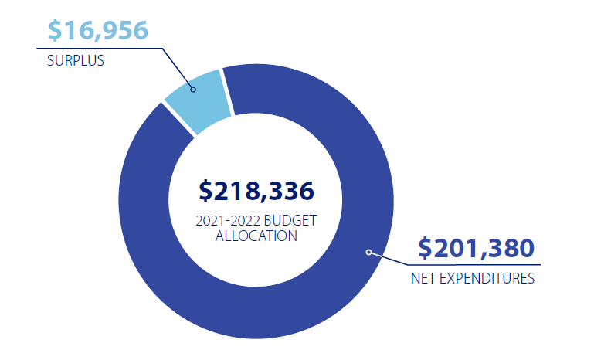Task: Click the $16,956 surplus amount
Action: point(97,31)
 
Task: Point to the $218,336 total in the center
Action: point(256,191)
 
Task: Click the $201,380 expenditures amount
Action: point(476,249)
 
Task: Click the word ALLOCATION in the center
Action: point(256,236)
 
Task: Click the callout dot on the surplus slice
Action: point(193,89)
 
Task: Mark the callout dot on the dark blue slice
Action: point(368,252)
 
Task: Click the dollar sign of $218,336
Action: point(205,191)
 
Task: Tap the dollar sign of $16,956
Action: point(55,31)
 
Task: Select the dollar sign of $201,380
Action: point(426,249)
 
